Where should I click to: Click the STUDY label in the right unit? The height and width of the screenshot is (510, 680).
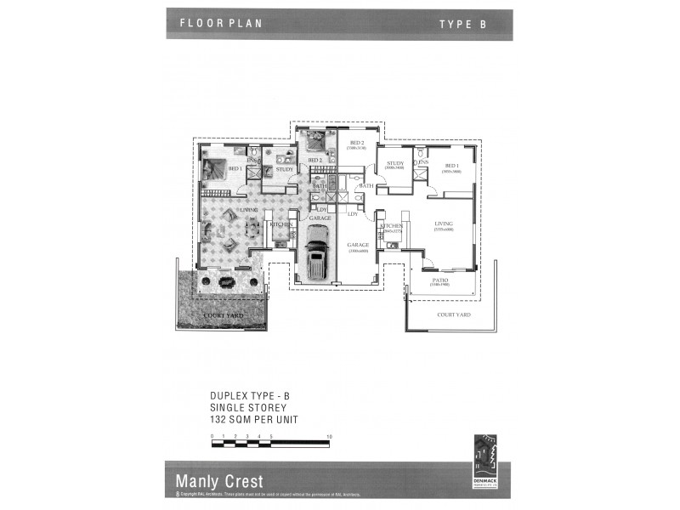(394, 163)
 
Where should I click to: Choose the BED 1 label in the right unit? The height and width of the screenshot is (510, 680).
(450, 167)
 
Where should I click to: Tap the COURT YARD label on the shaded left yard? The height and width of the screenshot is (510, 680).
(224, 315)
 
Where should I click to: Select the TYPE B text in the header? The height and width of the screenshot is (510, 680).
(462, 25)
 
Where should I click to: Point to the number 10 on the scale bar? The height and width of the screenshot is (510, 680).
(328, 435)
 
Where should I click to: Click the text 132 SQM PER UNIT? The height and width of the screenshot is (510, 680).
(254, 420)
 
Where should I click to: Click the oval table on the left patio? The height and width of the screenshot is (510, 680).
(226, 281)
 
